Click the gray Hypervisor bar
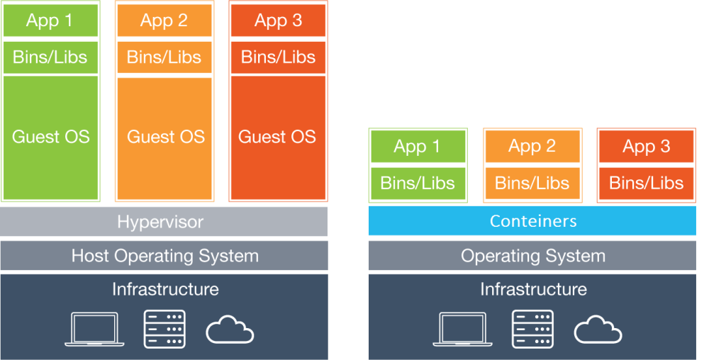pos(163,222)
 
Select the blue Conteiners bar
pos(532,221)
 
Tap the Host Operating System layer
pos(164,256)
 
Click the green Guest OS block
pos(50,137)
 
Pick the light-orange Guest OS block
pos(164,137)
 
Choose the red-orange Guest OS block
pos(278,137)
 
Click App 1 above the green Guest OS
pos(50,21)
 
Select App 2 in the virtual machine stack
pos(164,21)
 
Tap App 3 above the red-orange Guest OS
pos(278,21)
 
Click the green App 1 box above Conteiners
pos(418,147)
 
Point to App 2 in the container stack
pos(532,147)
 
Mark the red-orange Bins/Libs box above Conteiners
pos(646,183)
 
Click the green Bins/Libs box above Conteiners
pos(418,183)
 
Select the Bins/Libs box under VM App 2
pos(164,57)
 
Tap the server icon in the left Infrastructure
pos(164,329)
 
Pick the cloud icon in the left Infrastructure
pos(230,330)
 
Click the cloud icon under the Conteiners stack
pos(598,330)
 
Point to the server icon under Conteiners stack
pos(532,329)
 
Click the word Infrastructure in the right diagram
pos(533,289)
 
